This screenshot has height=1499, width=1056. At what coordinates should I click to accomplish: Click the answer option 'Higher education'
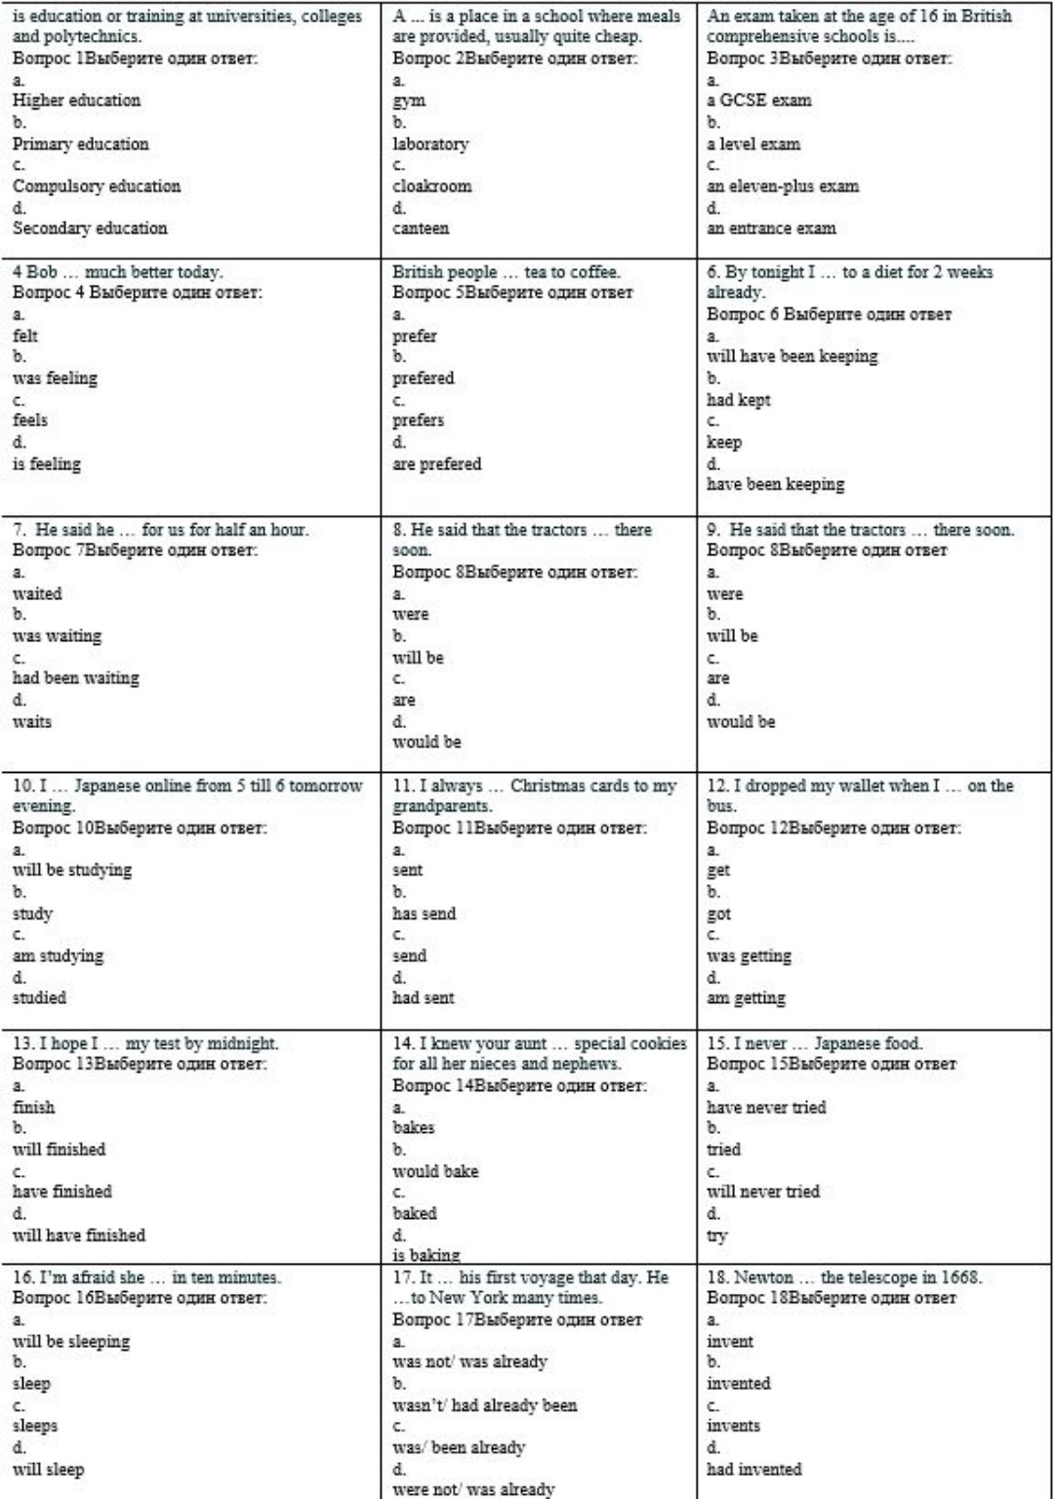click(x=76, y=101)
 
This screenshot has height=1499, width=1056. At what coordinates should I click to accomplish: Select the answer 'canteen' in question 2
click(x=421, y=228)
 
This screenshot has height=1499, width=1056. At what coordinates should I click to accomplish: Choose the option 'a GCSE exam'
click(x=758, y=101)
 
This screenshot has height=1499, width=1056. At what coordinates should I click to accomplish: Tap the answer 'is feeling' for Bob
click(x=46, y=465)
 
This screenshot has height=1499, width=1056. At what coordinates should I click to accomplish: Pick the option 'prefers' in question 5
click(x=418, y=421)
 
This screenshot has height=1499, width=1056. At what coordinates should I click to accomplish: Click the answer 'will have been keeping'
click(x=792, y=356)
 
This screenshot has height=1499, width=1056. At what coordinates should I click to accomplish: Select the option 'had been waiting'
click(x=75, y=678)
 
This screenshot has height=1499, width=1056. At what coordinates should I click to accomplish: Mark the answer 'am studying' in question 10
click(x=58, y=956)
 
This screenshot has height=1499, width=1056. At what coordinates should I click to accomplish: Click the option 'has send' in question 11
click(x=424, y=914)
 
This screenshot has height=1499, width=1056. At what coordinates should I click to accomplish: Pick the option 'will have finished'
click(x=78, y=1236)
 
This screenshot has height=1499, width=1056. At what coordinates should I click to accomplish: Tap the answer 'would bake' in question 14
click(x=435, y=1171)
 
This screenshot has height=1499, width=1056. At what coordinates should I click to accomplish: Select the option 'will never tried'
click(x=763, y=1192)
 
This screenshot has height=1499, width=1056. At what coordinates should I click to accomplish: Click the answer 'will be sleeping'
click(x=71, y=1342)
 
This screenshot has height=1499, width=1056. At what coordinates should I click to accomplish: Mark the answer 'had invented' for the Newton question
click(x=753, y=1470)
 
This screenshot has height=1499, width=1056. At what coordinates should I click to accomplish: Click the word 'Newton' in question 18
click(x=763, y=1277)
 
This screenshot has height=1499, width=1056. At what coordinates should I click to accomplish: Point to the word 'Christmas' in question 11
click(x=547, y=786)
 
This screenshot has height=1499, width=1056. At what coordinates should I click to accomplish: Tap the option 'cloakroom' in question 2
click(x=431, y=186)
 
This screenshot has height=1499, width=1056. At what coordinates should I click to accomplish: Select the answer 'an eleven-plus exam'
click(x=783, y=186)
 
